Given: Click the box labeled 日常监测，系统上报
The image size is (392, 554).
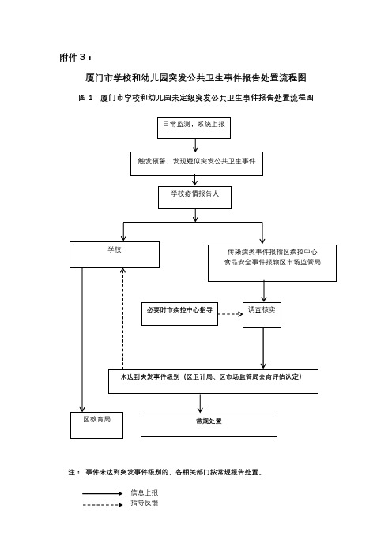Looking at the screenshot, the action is pos(194,128).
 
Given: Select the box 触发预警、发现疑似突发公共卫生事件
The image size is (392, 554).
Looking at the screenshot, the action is pos(197,163).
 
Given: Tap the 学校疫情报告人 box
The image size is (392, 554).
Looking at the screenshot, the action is pos(194,197).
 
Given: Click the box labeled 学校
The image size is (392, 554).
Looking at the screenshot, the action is pos(115,254).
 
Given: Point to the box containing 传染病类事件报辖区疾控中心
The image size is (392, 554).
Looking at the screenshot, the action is pos(272,264).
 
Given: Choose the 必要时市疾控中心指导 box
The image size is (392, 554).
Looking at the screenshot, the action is pos(179,314).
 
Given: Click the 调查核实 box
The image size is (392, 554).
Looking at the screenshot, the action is pos(262,314).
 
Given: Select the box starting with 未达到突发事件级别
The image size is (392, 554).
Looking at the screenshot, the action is pos(213,382).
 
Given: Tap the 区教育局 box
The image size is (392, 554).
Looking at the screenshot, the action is pos(96,425).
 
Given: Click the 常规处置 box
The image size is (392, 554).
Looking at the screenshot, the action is pos(209,425).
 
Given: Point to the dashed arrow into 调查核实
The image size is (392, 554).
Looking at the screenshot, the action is pos(230,314).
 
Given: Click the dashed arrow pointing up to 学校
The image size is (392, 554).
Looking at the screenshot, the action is pos(122,318).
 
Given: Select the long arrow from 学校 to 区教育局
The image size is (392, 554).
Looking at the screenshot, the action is pos(82,339).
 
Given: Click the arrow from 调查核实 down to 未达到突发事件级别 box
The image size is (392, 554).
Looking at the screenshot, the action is pos(263,348).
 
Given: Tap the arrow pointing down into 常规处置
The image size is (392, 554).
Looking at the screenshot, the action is pos(200,403).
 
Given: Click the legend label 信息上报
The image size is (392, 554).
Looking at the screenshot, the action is pos(144,492).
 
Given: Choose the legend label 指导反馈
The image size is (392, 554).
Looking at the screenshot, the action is pos(144,503).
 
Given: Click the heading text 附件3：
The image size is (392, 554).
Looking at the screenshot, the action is pos(76,58).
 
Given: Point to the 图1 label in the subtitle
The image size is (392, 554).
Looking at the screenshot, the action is pos(85,98).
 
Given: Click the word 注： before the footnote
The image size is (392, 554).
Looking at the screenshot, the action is pos(74,472).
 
